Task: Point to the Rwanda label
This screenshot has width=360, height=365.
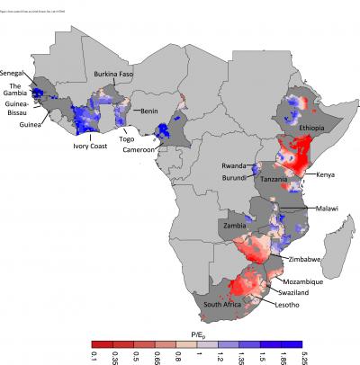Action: [236, 166]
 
